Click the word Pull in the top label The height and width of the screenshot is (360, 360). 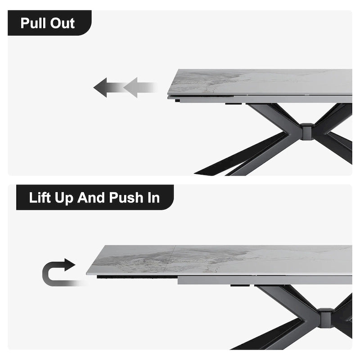click(33, 23)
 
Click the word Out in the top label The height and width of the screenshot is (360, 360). click(62, 23)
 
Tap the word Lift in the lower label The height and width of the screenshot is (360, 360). click(40, 198)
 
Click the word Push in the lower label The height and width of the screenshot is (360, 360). click(127, 198)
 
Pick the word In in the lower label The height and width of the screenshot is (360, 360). click(153, 198)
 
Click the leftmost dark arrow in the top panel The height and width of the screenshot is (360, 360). click(103, 87)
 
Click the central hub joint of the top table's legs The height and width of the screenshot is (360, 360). click(307, 131)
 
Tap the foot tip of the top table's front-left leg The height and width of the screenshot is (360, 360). click(198, 172)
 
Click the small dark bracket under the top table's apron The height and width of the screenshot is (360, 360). click(234, 103)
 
